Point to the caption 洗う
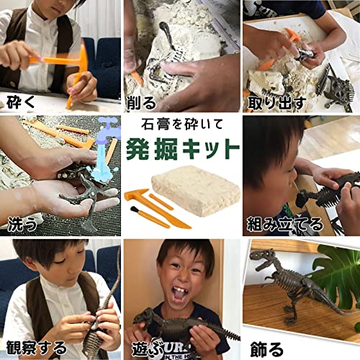coord(22,224)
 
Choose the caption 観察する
coord(35,348)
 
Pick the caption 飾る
coord(266,348)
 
